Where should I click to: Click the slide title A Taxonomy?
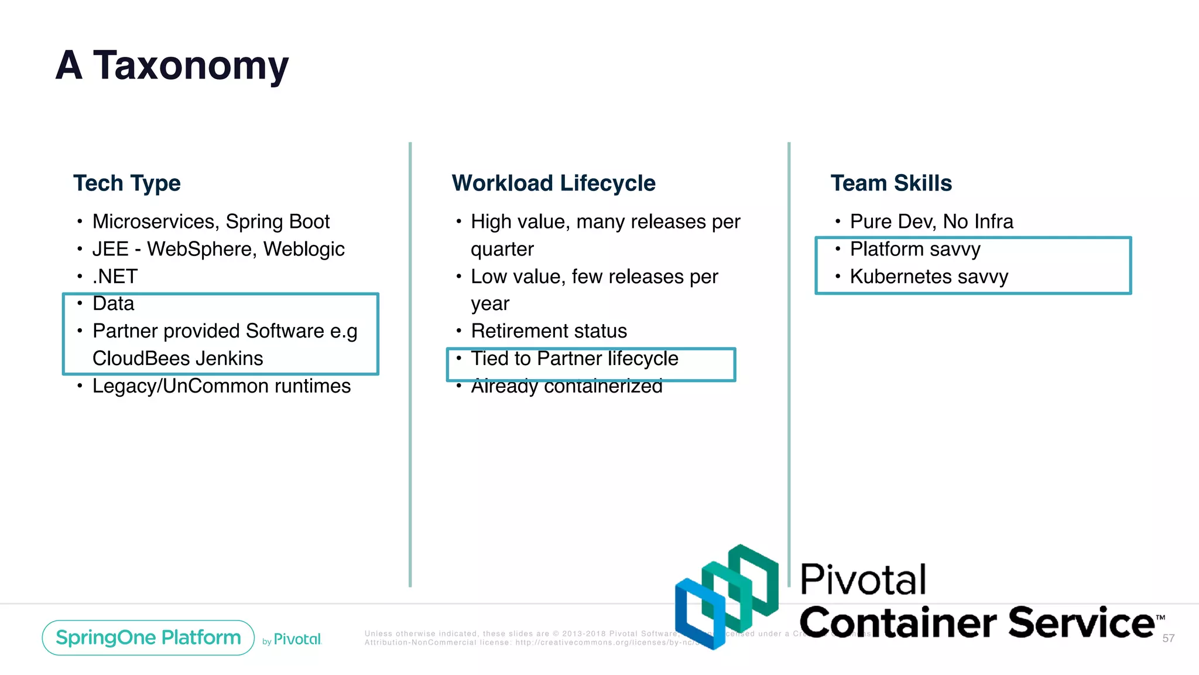172,66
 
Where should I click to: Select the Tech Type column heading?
127,183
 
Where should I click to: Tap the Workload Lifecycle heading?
553,183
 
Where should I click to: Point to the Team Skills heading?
891,183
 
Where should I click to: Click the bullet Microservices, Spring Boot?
211,222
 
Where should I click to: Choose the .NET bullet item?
115,277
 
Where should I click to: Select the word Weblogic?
304,250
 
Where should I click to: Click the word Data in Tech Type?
114,304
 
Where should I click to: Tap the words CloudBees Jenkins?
178,359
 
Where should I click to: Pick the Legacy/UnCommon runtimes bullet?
221,386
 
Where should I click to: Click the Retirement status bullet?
549,332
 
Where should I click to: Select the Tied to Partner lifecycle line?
574,359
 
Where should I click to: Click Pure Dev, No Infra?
931,222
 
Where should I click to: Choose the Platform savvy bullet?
915,250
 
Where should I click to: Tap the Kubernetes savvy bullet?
929,277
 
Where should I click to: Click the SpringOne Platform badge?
148,637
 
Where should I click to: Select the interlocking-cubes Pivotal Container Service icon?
727,596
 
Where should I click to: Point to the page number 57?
1168,639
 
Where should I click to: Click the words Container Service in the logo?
977,622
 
